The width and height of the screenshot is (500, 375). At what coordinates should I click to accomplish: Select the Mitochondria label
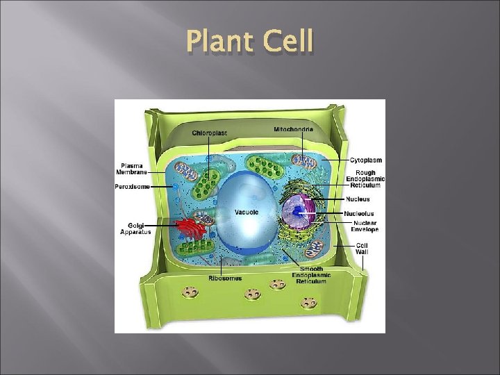point(293,129)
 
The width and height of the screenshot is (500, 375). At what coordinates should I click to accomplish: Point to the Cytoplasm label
point(365,160)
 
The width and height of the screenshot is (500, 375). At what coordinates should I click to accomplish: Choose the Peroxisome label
point(133,186)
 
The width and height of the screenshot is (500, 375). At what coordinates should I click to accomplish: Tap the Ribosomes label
point(225,278)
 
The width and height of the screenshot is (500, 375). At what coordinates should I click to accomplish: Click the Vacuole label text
point(246,212)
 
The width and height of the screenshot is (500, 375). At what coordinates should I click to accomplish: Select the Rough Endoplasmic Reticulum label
point(365,178)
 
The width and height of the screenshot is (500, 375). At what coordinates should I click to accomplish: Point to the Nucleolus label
point(360,213)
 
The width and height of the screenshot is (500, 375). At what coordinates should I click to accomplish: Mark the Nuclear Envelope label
point(365,226)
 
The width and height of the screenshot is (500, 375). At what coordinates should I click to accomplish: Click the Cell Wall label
point(362,248)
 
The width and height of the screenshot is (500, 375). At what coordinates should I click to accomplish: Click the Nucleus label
point(358,199)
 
